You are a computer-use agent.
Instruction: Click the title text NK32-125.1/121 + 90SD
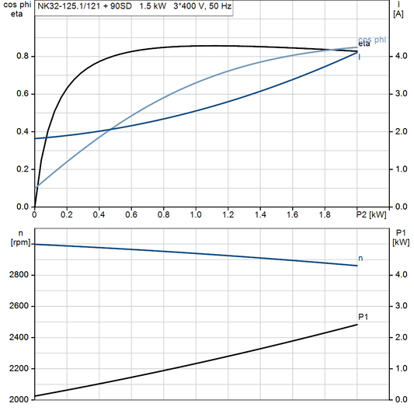[80, 6]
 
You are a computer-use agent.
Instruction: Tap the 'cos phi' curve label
[371, 40]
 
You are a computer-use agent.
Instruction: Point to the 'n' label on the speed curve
[360, 257]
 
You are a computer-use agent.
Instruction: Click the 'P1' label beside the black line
[363, 316]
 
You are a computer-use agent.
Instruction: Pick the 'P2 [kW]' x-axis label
[370, 214]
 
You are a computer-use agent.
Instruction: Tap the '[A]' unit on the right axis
[398, 14]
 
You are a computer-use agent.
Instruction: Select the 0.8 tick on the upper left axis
[23, 56]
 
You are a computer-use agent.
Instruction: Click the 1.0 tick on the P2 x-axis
[196, 214]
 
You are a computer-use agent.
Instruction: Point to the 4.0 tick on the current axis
[400, 56]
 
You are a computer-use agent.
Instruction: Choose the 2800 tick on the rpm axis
[20, 275]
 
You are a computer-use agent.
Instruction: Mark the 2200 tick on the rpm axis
[20, 368]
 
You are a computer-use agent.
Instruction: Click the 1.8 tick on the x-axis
[325, 214]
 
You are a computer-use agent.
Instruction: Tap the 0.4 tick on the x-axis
[99, 214]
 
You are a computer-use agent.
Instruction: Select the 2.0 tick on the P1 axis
[400, 337]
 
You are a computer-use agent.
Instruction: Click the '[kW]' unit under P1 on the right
[400, 242]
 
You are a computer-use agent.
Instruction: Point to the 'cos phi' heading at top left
[16, 5]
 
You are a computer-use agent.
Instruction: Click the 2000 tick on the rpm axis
[20, 399]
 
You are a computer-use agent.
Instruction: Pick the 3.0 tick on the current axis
[400, 93]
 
